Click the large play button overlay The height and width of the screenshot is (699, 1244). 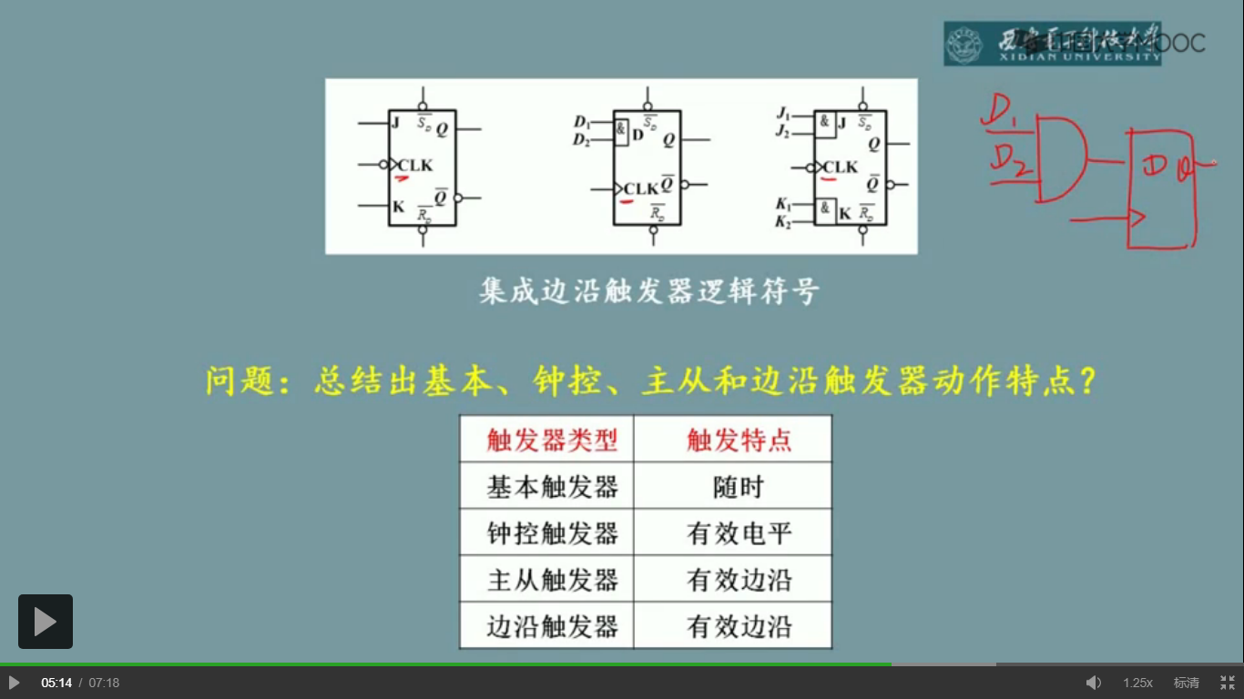46,622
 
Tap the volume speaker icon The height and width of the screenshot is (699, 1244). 1094,683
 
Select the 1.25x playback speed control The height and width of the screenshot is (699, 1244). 1137,683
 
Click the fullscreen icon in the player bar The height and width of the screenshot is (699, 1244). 1228,683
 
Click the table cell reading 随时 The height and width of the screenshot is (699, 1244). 738,487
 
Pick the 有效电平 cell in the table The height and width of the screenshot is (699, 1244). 739,533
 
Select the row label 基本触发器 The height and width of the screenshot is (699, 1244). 552,487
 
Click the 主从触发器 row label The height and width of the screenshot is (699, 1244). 552,580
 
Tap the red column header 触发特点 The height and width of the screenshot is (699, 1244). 739,441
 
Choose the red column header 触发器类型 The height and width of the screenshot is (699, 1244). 552,441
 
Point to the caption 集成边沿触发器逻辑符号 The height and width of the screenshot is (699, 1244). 648,291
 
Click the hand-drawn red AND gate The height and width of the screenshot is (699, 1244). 1060,158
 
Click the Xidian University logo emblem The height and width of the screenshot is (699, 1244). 964,44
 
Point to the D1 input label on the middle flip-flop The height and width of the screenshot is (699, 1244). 582,122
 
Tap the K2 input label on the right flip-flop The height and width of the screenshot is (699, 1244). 782,222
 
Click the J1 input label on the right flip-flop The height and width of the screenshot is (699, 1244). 782,114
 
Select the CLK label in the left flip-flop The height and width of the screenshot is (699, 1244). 415,166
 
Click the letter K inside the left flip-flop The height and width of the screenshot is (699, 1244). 398,207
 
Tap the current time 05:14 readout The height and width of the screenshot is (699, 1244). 56,683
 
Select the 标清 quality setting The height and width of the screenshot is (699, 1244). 1186,683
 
